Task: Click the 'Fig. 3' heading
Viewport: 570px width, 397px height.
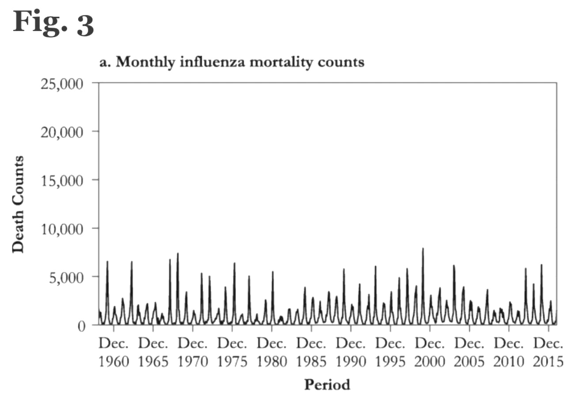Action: click(53, 23)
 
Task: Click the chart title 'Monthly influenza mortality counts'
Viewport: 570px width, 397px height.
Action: click(232, 62)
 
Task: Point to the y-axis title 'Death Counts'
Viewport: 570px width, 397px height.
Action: click(18, 204)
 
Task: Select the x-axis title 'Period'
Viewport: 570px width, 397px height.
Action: click(327, 385)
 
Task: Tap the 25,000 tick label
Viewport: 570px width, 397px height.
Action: click(61, 83)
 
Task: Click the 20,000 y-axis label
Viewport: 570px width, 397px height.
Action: click(61, 132)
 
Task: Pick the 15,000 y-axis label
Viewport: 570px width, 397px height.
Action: click(61, 180)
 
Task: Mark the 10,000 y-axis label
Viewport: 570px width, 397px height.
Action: click(61, 229)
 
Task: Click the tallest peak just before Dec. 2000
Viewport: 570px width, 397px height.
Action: click(423, 249)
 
